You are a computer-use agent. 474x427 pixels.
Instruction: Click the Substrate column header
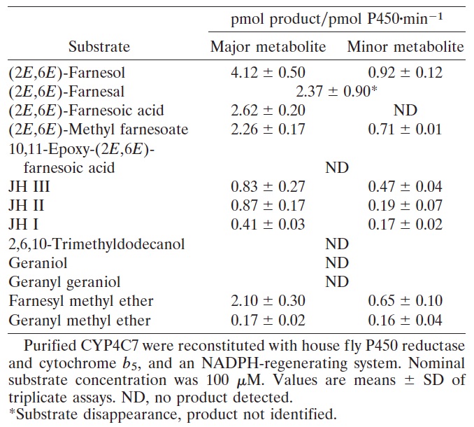pos(99,48)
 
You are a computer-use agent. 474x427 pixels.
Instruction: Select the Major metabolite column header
pos(268,48)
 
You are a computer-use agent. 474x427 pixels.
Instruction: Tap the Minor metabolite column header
pos(405,48)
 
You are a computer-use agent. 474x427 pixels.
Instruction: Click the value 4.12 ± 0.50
pos(268,72)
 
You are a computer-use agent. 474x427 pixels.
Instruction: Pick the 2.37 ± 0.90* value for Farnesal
pos(337,91)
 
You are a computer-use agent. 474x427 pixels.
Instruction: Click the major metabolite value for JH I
pos(268,225)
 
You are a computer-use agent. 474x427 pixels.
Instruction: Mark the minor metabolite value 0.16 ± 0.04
pos(405,321)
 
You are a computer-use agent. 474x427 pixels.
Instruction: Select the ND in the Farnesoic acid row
pos(405,111)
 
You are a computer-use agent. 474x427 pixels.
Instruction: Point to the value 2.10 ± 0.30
pos(268,302)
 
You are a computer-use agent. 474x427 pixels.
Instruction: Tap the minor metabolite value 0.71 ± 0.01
pos(405,129)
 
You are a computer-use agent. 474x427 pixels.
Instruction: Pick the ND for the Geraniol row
pos(337,263)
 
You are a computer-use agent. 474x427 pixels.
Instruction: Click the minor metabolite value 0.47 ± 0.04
pos(405,187)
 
